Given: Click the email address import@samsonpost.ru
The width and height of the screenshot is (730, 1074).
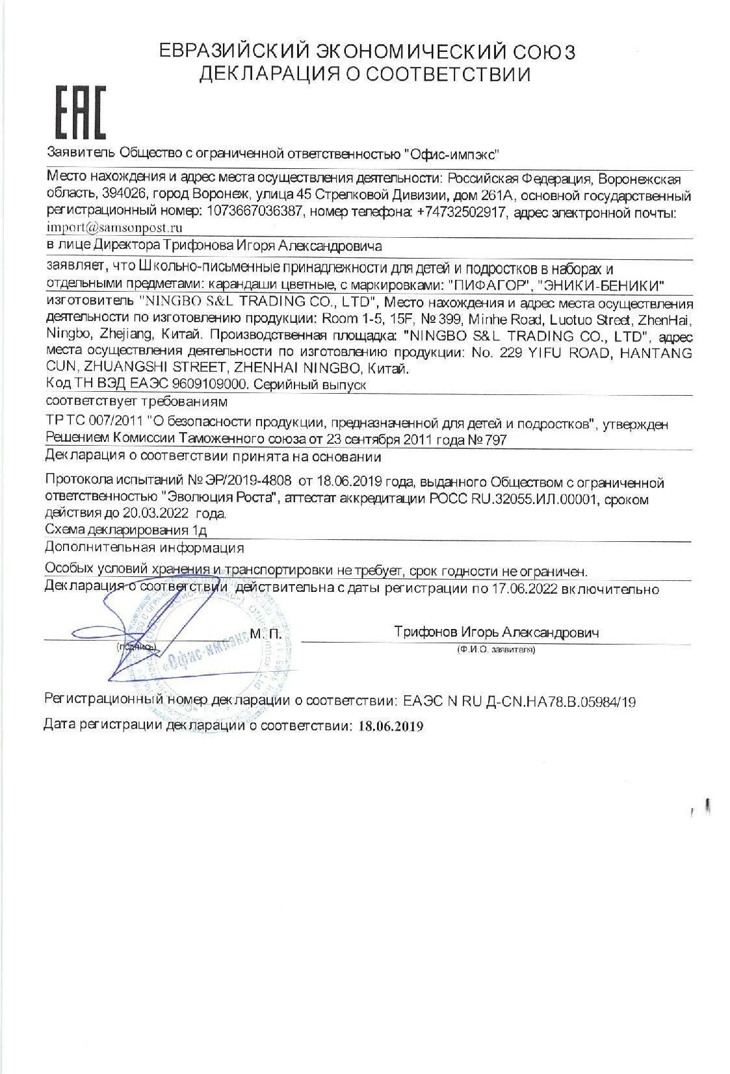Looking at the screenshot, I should click(x=114, y=228).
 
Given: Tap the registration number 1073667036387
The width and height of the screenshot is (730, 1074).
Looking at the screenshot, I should click(x=254, y=212).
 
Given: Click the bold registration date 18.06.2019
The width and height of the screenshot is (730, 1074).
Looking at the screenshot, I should click(x=390, y=726).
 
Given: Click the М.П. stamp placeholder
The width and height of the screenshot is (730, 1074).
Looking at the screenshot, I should click(x=265, y=632).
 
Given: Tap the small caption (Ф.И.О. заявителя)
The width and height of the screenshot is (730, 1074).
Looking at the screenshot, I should click(x=496, y=649).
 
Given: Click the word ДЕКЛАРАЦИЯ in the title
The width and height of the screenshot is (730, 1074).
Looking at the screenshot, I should click(x=270, y=75).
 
